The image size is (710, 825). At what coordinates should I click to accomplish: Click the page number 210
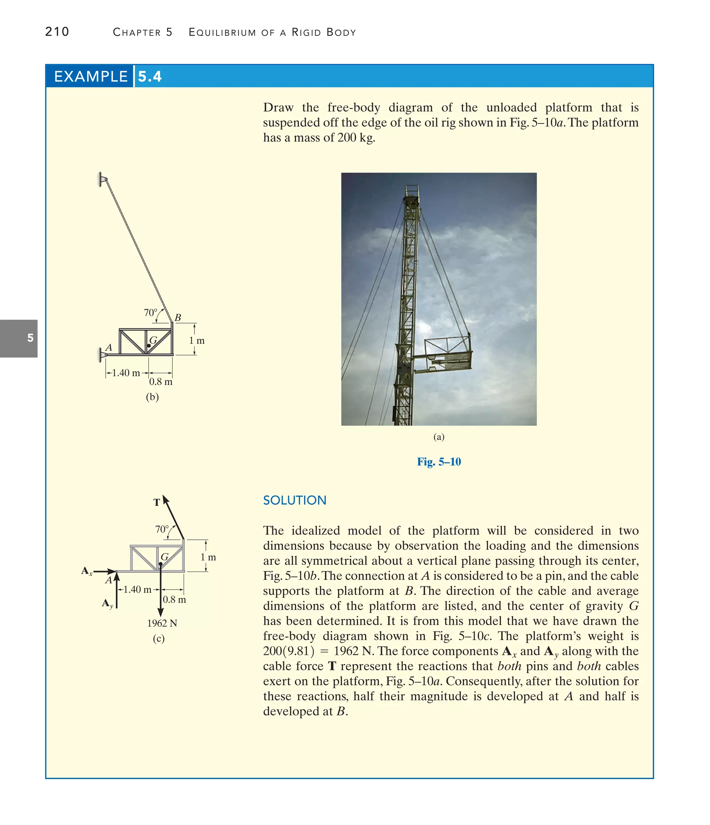coord(57,32)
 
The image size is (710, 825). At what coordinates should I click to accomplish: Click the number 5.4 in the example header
coord(149,76)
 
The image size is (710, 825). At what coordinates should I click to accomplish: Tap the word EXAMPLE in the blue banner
coord(91,76)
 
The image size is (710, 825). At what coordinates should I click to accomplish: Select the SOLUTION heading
coord(294,500)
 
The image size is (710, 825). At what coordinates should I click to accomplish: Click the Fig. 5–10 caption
coord(439,462)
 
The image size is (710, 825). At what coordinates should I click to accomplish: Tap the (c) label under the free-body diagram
coord(158,638)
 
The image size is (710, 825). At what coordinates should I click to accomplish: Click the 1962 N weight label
coord(162,623)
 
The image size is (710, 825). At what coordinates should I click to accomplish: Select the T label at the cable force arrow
coord(157,503)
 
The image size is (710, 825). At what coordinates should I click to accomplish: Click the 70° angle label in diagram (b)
coord(150,313)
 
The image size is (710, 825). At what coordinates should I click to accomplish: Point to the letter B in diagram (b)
coord(178,317)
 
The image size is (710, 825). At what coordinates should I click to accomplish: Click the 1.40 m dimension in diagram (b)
coord(126,373)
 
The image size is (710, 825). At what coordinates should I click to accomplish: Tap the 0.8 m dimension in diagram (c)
coord(174,600)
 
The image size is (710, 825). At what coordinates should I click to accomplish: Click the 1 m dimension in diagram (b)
coord(197,340)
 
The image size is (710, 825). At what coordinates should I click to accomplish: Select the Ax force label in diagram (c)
coord(87,571)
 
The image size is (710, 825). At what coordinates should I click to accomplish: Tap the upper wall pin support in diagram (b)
coord(103,179)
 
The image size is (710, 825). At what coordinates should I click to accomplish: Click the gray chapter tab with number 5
coord(19,338)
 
